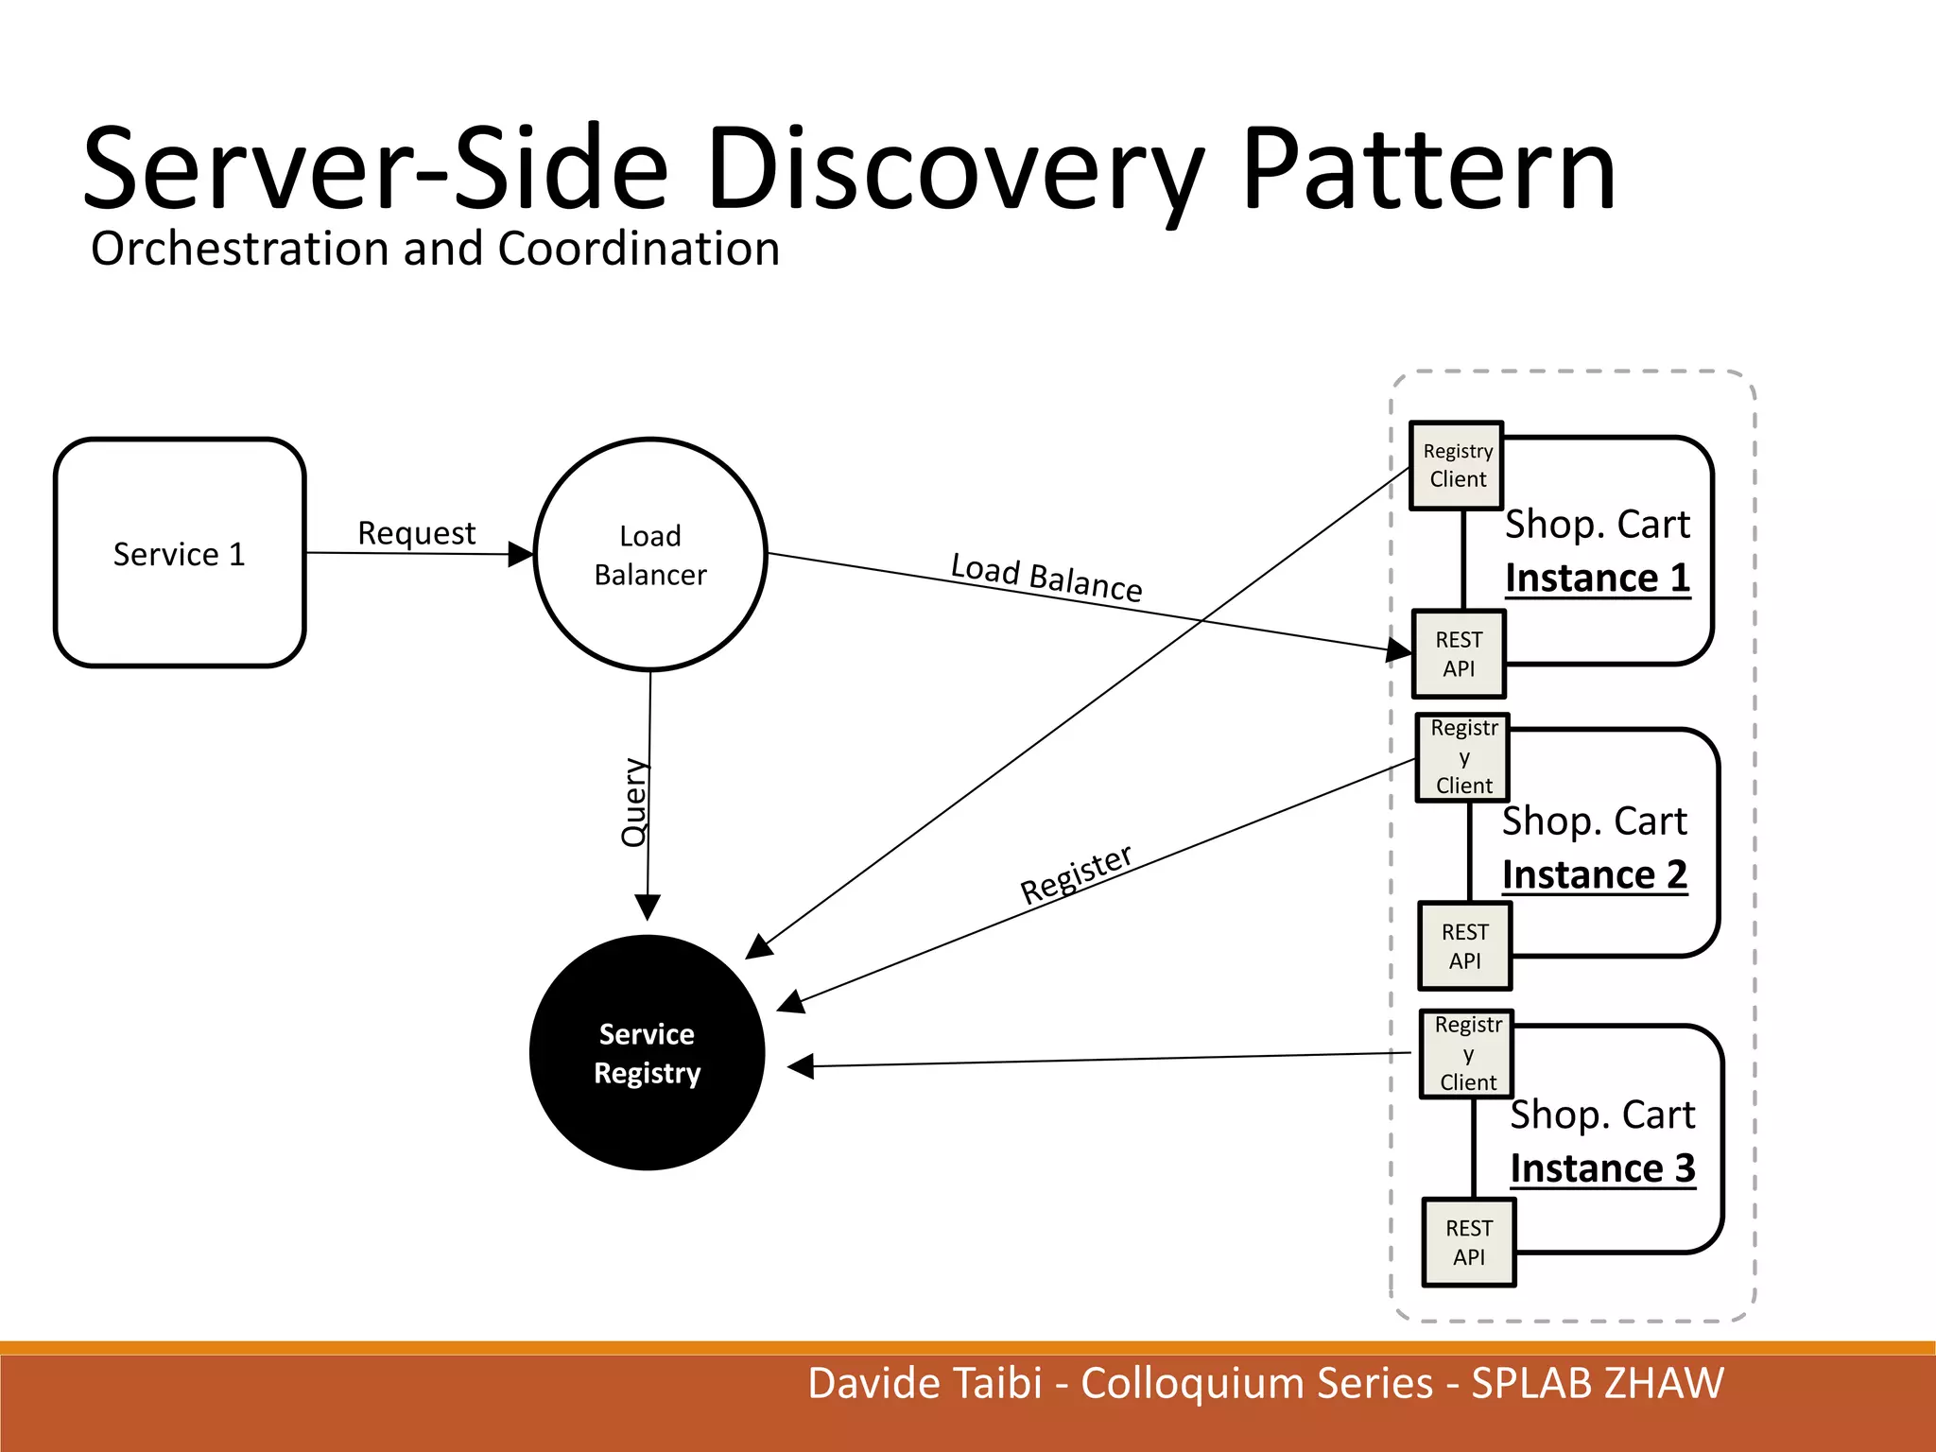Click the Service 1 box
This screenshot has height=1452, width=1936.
[180, 553]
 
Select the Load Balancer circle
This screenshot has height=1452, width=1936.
[650, 555]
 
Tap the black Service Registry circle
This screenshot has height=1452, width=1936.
[648, 1053]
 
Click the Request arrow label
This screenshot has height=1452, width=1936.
[416, 533]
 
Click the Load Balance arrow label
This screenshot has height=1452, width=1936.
[1046, 578]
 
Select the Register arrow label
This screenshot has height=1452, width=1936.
[1076, 874]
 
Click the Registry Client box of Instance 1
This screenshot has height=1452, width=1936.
[1457, 465]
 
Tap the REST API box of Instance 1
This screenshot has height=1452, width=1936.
[1459, 654]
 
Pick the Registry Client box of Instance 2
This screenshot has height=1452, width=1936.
[1463, 757]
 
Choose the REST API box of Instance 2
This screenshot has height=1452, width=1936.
[1464, 946]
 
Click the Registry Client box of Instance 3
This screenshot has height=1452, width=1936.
[1467, 1054]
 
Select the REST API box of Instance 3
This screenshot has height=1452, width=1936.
[1469, 1242]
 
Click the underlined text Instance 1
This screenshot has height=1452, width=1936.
[1598, 578]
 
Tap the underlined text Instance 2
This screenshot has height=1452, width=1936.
[1595, 874]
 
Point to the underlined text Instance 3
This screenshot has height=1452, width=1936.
[1602, 1168]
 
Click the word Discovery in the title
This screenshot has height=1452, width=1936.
[955, 170]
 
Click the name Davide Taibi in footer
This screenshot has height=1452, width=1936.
[924, 1383]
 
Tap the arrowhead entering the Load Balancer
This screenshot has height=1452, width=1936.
[521, 554]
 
